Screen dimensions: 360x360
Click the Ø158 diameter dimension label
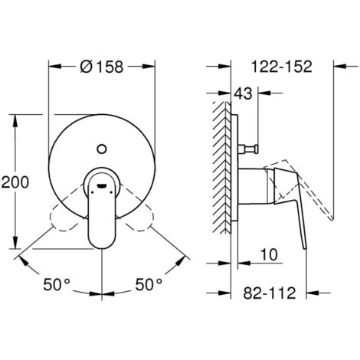[102, 67]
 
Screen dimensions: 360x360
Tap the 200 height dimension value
[15, 182]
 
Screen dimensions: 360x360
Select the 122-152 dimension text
[282, 67]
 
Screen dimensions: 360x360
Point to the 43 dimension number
[243, 93]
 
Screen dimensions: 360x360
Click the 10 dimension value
[269, 254]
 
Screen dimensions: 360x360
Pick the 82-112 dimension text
[270, 293]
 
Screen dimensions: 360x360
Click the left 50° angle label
[57, 284]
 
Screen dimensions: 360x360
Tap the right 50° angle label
[149, 284]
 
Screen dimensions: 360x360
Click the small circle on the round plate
[102, 149]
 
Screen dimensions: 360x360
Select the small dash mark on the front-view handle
[102, 185]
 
